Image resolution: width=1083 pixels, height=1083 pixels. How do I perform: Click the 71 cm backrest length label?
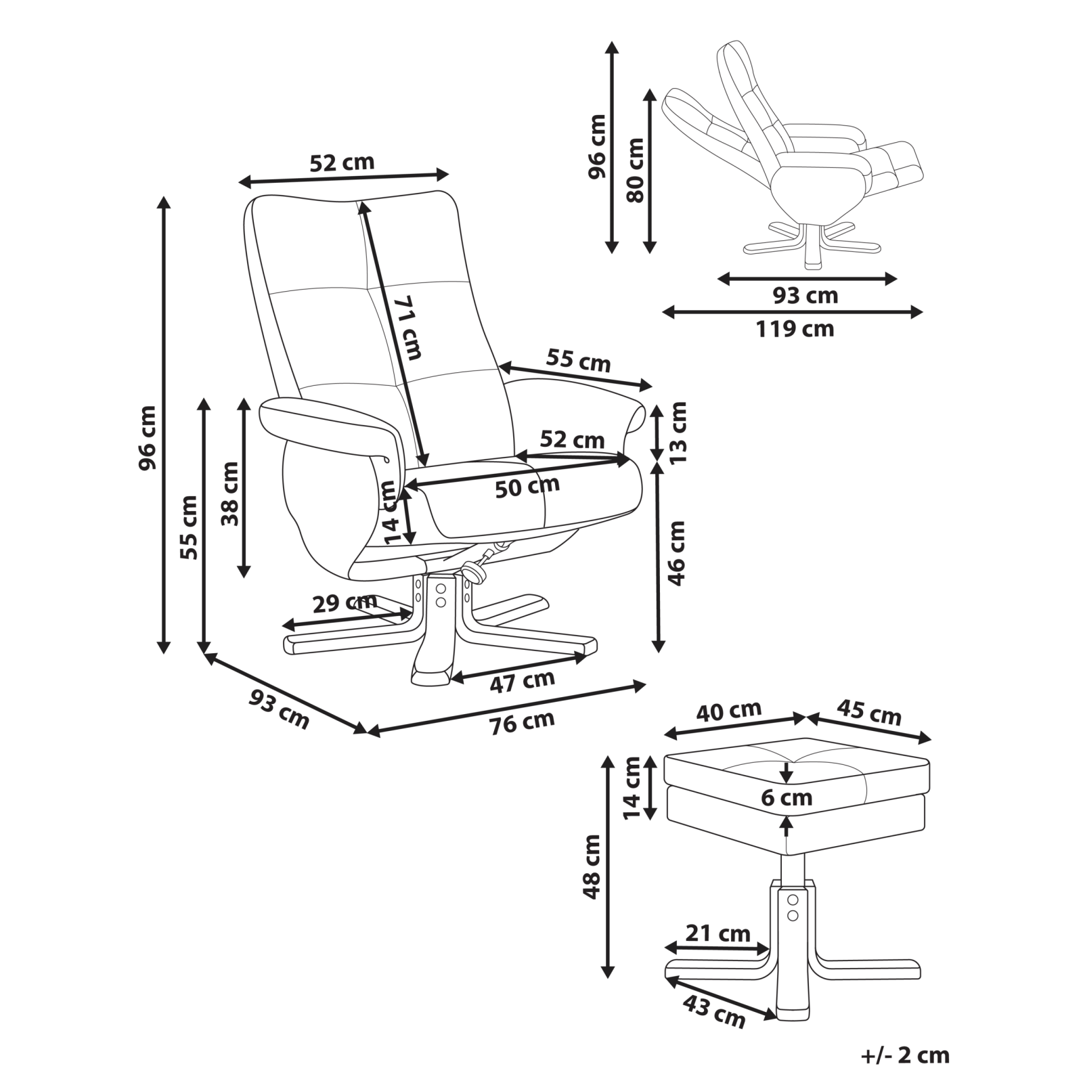point(407,328)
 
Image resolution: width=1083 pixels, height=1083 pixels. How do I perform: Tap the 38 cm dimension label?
point(230,493)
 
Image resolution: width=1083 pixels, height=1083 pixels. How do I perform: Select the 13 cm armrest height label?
point(678,432)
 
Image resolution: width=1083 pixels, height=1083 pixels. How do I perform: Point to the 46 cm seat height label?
point(677,553)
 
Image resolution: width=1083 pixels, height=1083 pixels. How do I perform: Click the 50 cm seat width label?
point(527,486)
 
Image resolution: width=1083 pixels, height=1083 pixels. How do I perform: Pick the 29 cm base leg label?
point(345,602)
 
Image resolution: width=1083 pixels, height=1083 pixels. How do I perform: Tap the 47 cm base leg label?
point(522,682)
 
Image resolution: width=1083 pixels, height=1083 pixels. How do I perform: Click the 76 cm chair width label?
point(522,722)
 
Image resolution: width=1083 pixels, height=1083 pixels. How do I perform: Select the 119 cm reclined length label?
point(795,330)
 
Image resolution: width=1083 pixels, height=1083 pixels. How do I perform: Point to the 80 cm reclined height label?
point(636,171)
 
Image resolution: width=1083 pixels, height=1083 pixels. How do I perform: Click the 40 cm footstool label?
point(729,711)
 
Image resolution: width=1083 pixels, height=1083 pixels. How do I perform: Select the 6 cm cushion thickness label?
point(787,798)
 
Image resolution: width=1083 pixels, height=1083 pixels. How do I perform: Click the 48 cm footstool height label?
point(592,866)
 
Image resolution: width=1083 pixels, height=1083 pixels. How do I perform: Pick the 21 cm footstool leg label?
point(718,933)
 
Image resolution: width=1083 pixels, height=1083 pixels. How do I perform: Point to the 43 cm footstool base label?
point(713,1011)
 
